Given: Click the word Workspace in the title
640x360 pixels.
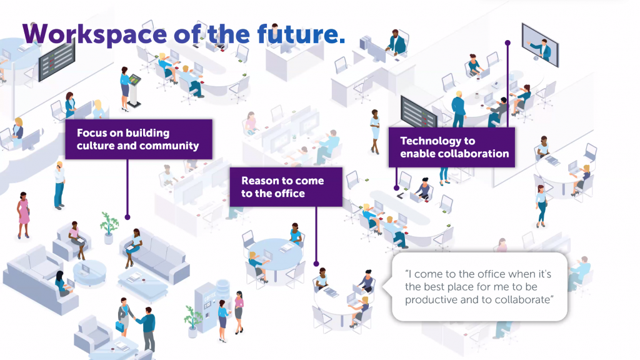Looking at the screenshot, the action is click(94, 34).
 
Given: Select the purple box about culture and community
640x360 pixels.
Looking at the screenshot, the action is click(139, 139).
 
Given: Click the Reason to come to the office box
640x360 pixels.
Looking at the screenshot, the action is click(286, 187).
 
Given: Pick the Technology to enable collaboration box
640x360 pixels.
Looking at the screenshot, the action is click(452, 147).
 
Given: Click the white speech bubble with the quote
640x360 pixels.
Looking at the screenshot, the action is click(479, 287).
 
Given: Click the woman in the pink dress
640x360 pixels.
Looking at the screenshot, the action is click(23, 215).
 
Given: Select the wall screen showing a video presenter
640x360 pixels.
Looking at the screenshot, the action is click(540, 45).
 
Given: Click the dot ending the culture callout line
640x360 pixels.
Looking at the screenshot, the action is click(127, 217).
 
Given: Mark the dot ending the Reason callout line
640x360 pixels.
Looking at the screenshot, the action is click(316, 264).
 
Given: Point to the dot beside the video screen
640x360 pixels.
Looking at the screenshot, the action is click(507, 43).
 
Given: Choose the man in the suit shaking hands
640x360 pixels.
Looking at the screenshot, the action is click(147, 329).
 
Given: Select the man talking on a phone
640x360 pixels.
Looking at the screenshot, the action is click(59, 186).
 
